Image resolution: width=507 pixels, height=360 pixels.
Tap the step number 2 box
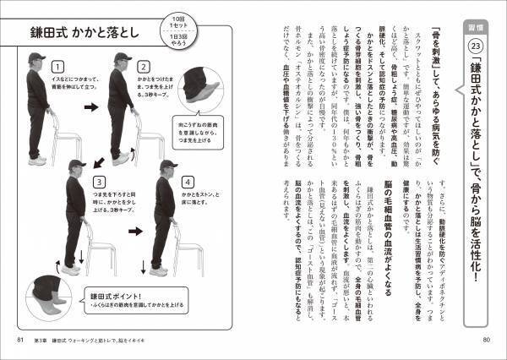[x=144, y=65]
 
